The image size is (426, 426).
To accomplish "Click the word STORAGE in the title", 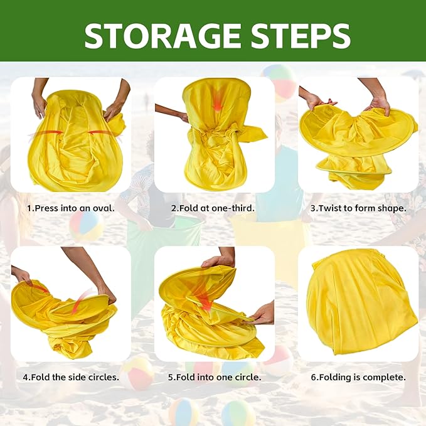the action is (162, 36).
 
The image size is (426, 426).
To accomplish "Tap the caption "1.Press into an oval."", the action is (71, 208).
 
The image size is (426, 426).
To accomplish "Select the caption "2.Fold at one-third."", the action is (213, 208).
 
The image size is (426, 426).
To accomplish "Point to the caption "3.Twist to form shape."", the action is (358, 208).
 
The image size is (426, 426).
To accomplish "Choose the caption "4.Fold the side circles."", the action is (71, 377).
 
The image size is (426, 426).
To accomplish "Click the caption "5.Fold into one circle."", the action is (215, 377).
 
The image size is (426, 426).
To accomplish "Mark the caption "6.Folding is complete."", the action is (358, 377).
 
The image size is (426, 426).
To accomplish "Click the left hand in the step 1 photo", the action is (40, 105).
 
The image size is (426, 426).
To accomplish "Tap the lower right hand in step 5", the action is (262, 315).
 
